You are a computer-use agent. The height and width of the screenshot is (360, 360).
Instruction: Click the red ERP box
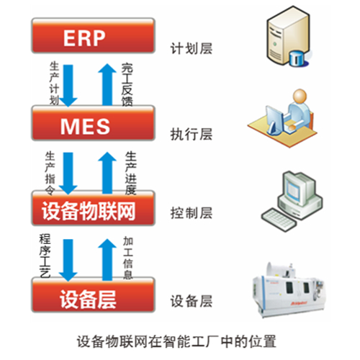point(93,35)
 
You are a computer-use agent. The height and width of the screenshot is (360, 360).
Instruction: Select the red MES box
point(93,123)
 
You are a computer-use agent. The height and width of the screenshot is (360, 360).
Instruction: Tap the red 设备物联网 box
point(93,208)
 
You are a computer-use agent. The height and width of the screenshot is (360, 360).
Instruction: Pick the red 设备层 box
point(93,294)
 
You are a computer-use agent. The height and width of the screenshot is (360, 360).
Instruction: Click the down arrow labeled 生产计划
point(68,86)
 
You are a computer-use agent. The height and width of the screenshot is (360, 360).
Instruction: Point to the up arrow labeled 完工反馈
point(107,84)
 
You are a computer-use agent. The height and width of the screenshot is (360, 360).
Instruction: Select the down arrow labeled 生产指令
point(68,174)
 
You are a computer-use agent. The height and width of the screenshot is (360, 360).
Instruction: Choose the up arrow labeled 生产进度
point(107,173)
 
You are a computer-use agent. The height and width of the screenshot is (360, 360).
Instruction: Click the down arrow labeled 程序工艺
point(68,260)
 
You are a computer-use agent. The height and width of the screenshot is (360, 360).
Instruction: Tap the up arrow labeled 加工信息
point(107,260)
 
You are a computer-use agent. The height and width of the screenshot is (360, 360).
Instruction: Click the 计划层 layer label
point(192,48)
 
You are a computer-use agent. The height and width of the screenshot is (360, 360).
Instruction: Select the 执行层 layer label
point(192,134)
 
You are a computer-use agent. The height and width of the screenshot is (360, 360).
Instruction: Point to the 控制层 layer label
point(192,213)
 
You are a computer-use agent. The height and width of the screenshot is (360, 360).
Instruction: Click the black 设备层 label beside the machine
point(192,301)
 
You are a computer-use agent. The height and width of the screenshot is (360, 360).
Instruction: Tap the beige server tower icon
point(288,35)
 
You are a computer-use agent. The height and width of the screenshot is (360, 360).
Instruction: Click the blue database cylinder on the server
point(297,58)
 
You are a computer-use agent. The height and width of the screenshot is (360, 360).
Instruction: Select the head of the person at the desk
point(300,96)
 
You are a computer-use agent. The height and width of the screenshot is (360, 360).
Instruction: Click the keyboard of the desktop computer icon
point(279,220)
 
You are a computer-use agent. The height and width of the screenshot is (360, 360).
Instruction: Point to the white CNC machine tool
point(288,290)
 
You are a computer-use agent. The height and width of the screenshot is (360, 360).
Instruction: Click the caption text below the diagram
point(176,341)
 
